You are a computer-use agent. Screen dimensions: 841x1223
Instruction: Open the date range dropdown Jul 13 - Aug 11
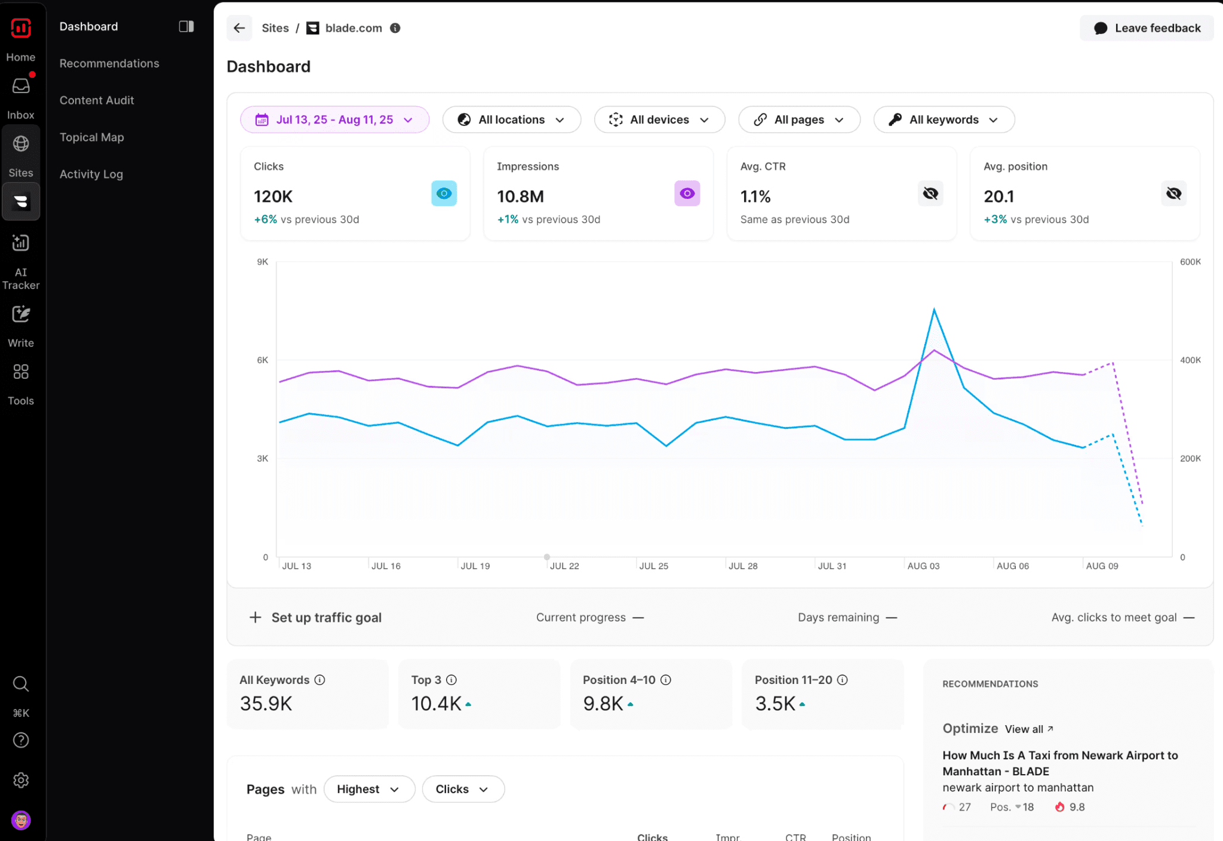334,119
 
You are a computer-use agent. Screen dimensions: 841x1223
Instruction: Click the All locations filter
511,119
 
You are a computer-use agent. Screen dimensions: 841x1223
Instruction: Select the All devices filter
659,119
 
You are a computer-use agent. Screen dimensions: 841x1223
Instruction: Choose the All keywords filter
944,119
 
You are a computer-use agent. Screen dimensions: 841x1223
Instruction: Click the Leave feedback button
1147,28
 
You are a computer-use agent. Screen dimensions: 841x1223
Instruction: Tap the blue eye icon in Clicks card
444,194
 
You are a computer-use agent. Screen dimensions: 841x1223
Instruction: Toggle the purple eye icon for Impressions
687,194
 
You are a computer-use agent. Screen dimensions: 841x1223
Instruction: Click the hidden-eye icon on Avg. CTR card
930,194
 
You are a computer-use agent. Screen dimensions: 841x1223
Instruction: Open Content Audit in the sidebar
97,100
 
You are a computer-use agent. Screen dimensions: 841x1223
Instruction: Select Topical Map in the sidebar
92,137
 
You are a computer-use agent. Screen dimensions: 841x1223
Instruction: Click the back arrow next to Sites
239,28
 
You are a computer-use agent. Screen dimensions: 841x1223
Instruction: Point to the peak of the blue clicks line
934,309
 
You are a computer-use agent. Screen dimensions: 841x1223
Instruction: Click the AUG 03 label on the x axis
923,566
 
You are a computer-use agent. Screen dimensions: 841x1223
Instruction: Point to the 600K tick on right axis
1190,262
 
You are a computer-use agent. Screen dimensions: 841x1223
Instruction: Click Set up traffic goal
325,618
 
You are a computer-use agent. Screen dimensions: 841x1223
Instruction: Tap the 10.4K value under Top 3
436,704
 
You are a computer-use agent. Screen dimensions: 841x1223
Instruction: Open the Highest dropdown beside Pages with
368,789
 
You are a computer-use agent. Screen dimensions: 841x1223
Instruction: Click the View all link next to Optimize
1028,729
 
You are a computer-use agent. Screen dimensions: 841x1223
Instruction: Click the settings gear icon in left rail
21,780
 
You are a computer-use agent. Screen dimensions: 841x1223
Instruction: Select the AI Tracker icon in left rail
21,243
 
